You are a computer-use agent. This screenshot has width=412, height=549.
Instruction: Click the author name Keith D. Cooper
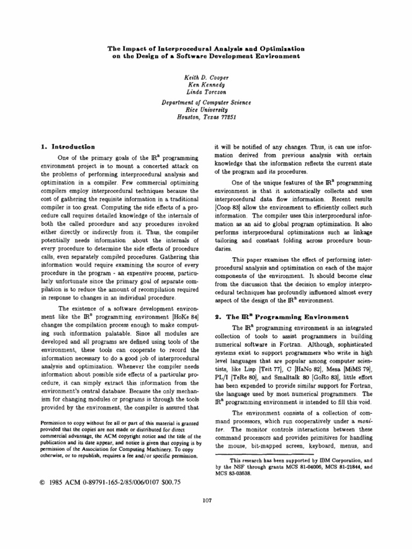[206, 77]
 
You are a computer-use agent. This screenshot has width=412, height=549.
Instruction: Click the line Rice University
[206, 109]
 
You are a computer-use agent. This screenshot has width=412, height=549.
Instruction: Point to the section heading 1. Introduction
[68, 146]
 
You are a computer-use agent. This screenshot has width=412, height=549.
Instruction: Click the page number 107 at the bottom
[206, 501]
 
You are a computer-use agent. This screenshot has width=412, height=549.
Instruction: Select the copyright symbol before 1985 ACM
[43, 482]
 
